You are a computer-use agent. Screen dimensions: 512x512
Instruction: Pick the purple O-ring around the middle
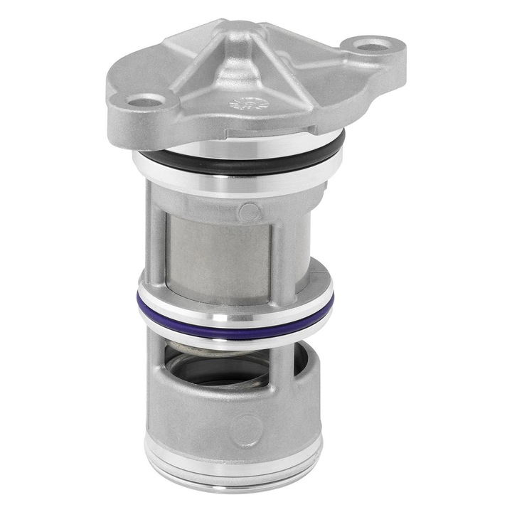click(x=235, y=329)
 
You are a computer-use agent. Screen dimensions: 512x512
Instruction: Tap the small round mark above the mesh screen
click(x=249, y=211)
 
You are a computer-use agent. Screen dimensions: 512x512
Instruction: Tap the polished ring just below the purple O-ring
click(x=235, y=340)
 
